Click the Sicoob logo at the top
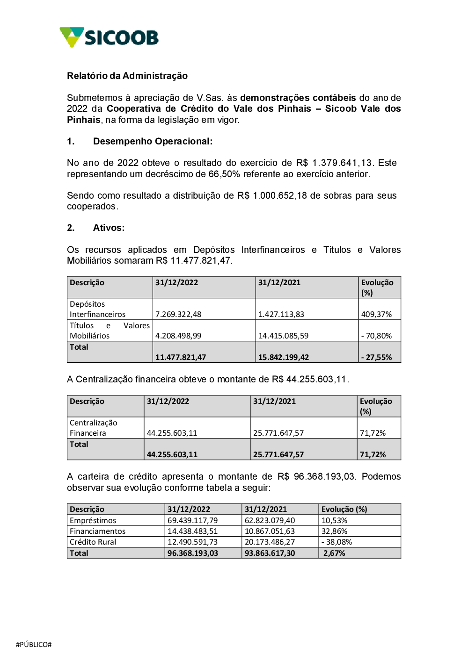click(x=109, y=37)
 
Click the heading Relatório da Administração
click(x=127, y=76)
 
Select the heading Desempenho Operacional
click(x=153, y=141)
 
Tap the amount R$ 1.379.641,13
click(x=335, y=163)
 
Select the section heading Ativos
click(x=109, y=228)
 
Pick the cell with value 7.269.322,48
click(x=178, y=314)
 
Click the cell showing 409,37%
click(x=376, y=314)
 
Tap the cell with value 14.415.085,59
click(x=283, y=336)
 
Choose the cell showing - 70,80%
click(x=376, y=336)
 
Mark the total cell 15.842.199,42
click(x=283, y=357)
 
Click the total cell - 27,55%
click(x=376, y=357)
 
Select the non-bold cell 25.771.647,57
click(x=278, y=433)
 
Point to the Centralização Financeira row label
click(x=93, y=428)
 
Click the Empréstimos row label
click(x=93, y=520)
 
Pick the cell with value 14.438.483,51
click(x=192, y=531)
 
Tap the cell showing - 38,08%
click(x=336, y=542)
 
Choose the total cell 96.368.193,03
click(x=192, y=553)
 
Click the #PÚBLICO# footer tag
click(x=34, y=644)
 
